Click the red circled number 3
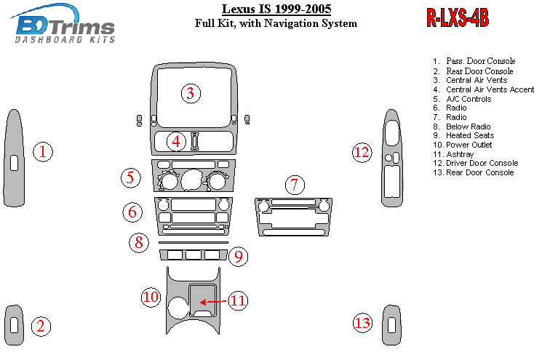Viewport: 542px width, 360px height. [x=190, y=93]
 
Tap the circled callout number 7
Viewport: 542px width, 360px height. [x=294, y=185]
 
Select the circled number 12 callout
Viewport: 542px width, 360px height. [x=362, y=152]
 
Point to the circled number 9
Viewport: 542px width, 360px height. [x=239, y=256]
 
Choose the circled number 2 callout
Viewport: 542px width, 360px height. [x=41, y=326]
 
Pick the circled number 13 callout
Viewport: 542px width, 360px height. [x=362, y=323]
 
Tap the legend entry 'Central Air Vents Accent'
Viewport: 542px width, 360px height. [x=482, y=89]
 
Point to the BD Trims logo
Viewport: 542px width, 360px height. [x=65, y=26]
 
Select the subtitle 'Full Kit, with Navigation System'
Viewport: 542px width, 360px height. [x=276, y=23]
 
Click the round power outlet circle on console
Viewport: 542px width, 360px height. [x=178, y=307]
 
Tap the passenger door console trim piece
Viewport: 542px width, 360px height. [x=15, y=158]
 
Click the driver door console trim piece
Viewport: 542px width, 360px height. [x=391, y=158]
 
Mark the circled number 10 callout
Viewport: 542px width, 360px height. [x=151, y=296]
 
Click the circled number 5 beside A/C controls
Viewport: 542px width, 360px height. [x=130, y=177]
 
